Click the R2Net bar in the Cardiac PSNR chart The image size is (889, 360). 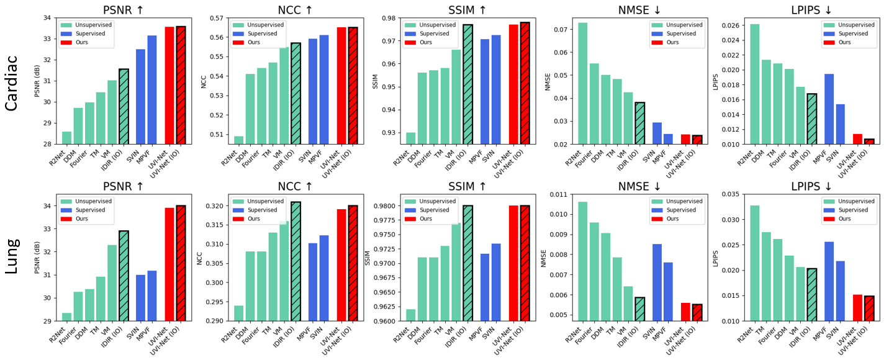click(67, 138)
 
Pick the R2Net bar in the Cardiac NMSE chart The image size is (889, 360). click(583, 83)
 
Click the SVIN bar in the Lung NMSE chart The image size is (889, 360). click(657, 282)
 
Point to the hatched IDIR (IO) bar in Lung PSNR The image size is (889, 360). click(124, 276)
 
